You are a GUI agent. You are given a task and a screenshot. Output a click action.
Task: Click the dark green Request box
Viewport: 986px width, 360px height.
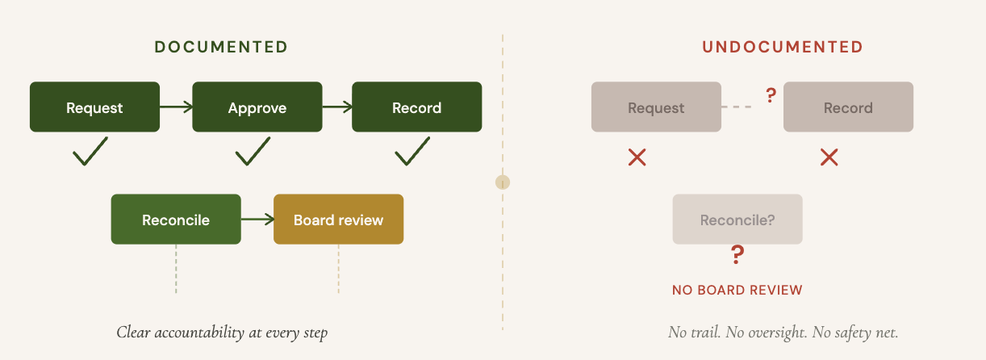[94, 107]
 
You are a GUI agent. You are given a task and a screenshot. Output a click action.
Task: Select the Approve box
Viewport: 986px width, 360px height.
[257, 107]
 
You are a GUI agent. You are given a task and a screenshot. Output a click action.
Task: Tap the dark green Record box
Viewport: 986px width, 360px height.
[417, 107]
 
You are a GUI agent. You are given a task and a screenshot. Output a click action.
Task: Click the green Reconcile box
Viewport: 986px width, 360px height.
[176, 220]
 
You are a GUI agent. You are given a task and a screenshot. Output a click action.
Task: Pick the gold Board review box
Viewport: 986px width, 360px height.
[339, 220]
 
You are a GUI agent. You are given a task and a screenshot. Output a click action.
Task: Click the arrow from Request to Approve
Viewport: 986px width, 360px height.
[176, 107]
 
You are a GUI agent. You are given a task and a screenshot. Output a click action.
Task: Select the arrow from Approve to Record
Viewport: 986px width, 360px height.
[337, 107]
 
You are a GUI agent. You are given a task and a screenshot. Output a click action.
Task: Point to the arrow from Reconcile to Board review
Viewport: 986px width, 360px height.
[257, 220]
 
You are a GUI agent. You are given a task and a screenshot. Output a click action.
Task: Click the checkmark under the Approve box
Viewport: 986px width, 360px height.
[253, 152]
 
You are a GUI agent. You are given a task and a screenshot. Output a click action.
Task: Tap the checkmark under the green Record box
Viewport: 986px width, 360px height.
[412, 152]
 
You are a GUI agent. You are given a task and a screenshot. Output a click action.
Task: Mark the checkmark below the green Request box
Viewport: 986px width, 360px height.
[90, 152]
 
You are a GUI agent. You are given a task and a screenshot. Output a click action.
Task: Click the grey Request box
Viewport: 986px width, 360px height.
[656, 107]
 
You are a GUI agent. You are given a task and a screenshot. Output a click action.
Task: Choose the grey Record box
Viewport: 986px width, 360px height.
[848, 107]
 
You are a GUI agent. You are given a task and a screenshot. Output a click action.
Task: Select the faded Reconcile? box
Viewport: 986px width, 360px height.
[737, 220]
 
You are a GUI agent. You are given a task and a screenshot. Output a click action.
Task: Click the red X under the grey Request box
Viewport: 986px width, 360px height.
[637, 157]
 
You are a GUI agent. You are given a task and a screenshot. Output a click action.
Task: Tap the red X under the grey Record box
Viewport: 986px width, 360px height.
[829, 157]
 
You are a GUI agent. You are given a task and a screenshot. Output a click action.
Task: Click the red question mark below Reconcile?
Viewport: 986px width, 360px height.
[737, 254]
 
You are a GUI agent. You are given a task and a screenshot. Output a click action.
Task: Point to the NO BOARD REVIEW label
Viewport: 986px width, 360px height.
[737, 290]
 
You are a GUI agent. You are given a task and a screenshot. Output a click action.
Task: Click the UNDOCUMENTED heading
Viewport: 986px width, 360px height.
[782, 47]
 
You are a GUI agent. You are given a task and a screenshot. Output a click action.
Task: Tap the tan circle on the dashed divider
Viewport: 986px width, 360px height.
[503, 182]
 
